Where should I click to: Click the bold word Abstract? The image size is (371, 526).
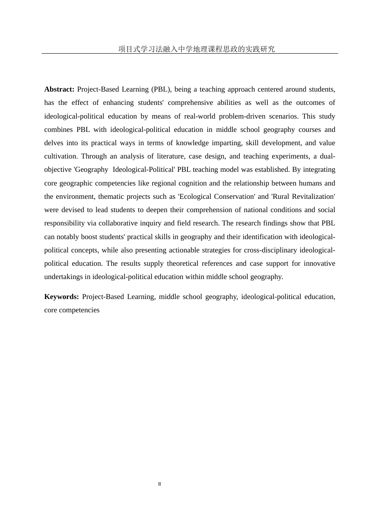tap(59, 89)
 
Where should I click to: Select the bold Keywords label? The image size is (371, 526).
tap(61, 297)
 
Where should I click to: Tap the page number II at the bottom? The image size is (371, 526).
tap(159, 484)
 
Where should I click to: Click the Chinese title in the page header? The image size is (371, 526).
tap(196, 49)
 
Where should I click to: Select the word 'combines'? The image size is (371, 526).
tap(58, 130)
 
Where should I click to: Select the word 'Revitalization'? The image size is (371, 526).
tap(313, 196)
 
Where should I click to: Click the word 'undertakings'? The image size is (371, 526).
tap(63, 277)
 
